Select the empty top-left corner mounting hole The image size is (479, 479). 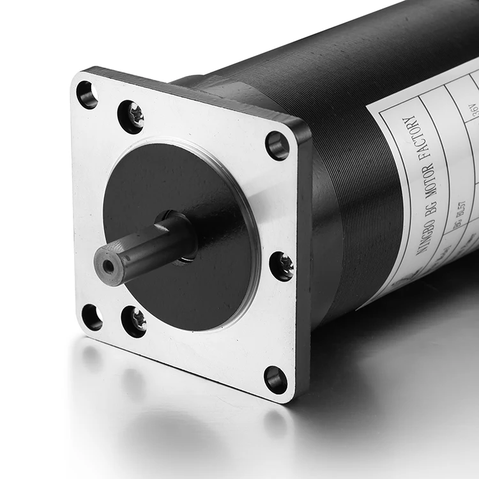[87, 95]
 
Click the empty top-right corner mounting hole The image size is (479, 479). [277, 145]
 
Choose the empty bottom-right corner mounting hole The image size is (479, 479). [276, 379]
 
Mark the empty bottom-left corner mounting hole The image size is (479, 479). [92, 317]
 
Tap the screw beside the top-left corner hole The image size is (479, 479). [131, 116]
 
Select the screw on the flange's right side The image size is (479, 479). [282, 266]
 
